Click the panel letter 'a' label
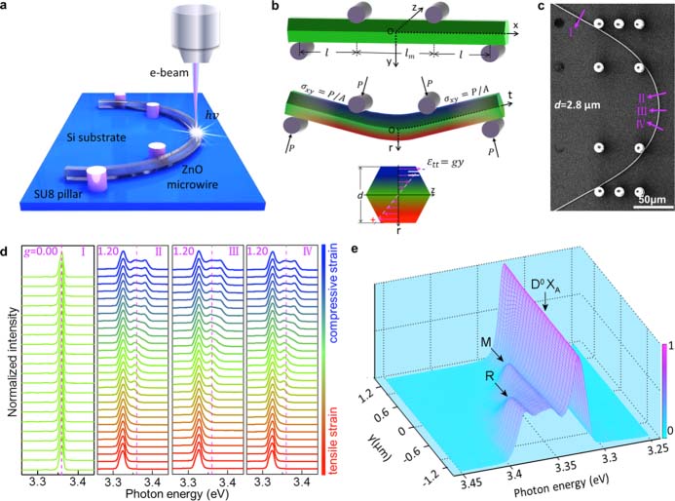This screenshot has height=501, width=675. (x=8, y=9)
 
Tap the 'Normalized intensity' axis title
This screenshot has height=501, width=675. (x=8, y=359)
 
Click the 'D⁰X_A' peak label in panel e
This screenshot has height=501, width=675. (x=547, y=284)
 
